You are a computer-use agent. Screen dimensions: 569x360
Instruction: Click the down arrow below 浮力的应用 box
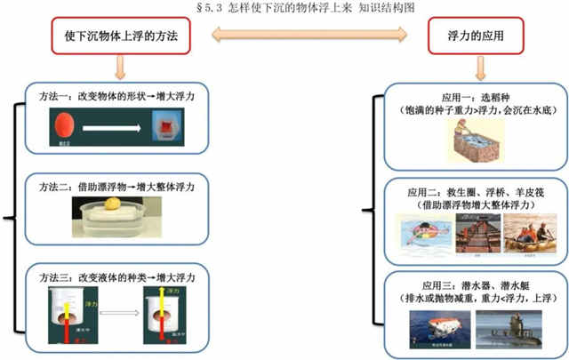pyautogui.click(x=480, y=67)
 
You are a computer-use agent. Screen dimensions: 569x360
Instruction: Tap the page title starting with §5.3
pyautogui.click(x=284, y=6)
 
